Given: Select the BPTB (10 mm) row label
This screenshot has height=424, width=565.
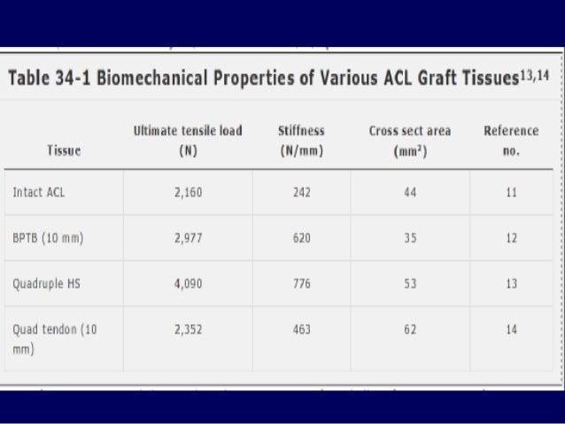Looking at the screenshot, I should [x=49, y=237].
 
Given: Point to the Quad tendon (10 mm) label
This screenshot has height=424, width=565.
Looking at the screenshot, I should [x=55, y=339].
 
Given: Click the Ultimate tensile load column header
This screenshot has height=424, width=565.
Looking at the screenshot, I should [x=187, y=140].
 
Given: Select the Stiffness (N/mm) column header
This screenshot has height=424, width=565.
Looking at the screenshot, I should [x=301, y=140].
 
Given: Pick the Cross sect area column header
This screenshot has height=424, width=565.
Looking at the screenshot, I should [x=410, y=140].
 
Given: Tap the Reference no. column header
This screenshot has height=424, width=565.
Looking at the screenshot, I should [x=511, y=140].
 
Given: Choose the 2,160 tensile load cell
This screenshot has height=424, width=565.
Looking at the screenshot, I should [x=188, y=191].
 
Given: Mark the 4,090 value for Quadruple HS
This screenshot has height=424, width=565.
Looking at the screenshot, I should [x=188, y=283].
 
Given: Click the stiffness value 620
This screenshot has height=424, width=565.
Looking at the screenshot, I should [x=301, y=237].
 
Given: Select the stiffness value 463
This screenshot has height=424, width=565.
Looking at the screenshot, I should [x=301, y=329].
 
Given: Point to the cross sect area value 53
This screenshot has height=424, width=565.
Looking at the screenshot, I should [x=410, y=283].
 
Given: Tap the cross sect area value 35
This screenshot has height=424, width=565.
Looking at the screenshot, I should [x=410, y=237].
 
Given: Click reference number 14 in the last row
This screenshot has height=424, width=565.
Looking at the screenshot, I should [x=511, y=329].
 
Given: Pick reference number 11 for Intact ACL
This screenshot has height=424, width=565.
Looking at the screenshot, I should [x=511, y=191].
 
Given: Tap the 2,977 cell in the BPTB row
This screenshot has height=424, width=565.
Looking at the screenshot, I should [x=188, y=237].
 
